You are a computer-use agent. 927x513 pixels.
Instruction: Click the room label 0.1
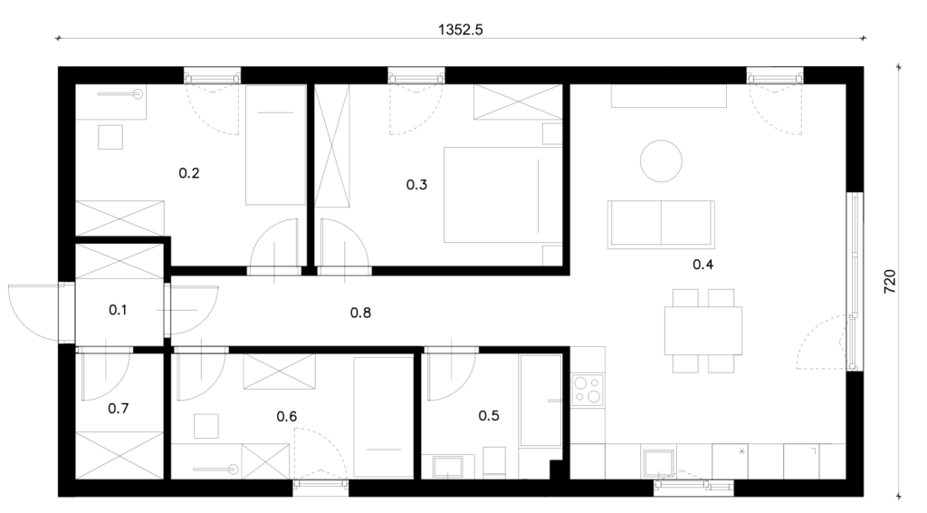[118, 309]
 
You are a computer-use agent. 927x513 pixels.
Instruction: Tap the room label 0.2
[189, 173]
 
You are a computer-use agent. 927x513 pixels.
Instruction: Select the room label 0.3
[416, 185]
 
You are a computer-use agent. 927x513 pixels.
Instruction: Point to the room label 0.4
[702, 265]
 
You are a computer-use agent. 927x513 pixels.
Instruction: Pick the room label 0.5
[489, 415]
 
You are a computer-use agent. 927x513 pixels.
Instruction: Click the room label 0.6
[287, 417]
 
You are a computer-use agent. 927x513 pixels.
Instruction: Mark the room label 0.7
[119, 408]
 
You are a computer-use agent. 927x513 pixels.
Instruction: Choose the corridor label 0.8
[360, 313]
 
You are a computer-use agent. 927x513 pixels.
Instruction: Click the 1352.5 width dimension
[461, 30]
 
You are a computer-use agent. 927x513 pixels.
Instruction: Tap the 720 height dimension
[890, 282]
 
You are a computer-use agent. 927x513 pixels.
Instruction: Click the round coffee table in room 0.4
[661, 161]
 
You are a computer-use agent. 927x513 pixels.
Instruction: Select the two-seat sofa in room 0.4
[661, 224]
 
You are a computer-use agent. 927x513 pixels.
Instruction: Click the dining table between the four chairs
[702, 331]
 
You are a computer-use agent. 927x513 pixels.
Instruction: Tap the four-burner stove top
[588, 390]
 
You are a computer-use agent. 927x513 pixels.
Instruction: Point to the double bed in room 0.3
[502, 195]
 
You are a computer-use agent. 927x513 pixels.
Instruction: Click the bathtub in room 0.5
[540, 401]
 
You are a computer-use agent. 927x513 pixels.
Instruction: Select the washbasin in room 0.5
[448, 466]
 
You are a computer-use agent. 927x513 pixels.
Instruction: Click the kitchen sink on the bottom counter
[659, 463]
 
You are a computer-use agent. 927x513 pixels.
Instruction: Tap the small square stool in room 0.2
[110, 137]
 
